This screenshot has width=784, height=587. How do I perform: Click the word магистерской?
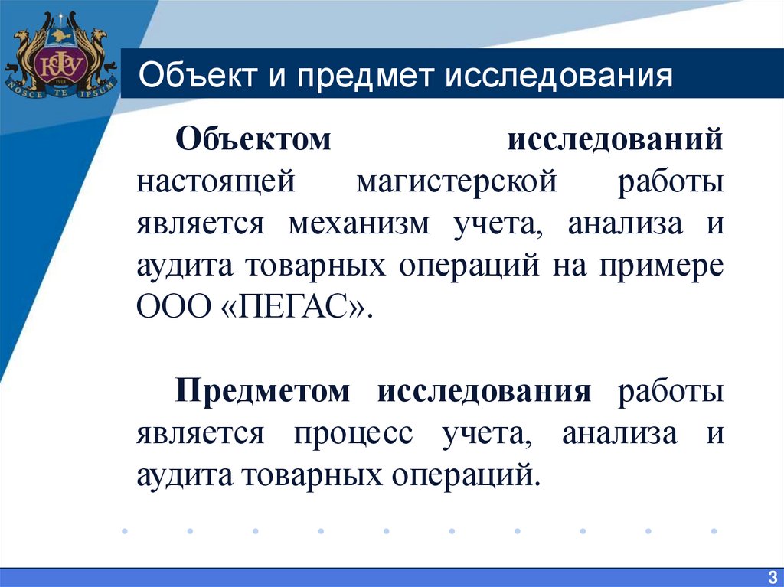coord(456,184)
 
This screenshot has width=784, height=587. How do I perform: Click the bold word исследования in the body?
coord(484,392)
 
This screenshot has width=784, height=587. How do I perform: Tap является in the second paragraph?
coord(201,434)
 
